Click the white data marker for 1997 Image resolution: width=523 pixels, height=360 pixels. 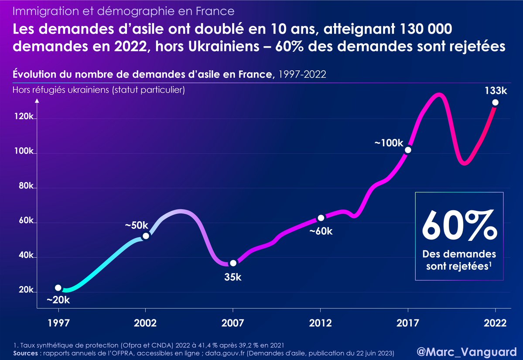(x=58, y=288)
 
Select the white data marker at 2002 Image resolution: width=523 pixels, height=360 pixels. (x=146, y=236)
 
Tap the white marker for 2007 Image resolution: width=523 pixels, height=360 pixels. (x=233, y=263)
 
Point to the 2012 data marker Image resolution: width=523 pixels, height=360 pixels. (x=321, y=218)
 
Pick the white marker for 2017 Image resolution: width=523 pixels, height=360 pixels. (x=408, y=150)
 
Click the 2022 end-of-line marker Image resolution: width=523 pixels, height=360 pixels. (x=495, y=103)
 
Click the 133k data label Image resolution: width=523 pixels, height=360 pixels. (x=495, y=91)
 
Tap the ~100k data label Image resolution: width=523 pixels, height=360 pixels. (x=389, y=142)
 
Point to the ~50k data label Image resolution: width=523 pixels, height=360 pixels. (x=137, y=225)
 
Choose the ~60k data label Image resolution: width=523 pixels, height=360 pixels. (x=321, y=231)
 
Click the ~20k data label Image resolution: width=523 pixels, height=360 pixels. (x=58, y=300)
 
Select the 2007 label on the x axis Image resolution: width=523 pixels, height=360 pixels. (x=233, y=323)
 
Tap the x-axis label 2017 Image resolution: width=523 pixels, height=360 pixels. (x=408, y=323)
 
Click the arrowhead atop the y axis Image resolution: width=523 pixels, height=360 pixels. (x=38, y=101)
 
